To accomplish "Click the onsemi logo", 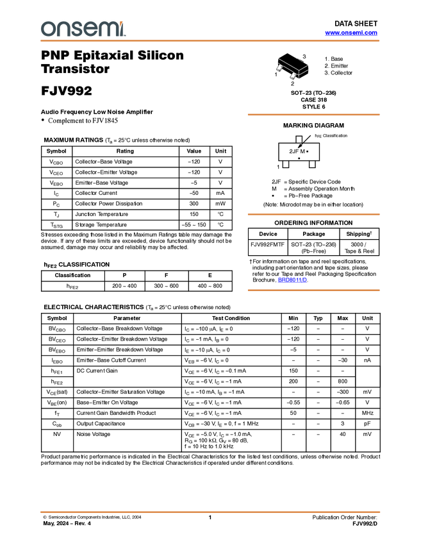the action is [x=83, y=29].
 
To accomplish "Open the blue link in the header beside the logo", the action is [x=351, y=33].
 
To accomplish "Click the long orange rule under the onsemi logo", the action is [x=210, y=41].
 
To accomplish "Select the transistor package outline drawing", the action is [x=293, y=69].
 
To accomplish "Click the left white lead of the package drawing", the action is [x=279, y=68].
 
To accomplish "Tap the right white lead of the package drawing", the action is [x=293, y=76].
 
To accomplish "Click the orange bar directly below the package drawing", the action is [x=313, y=115].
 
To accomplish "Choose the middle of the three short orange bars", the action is [x=313, y=214].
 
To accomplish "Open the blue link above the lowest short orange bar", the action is [x=292, y=281].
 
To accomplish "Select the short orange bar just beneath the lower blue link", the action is [x=313, y=290].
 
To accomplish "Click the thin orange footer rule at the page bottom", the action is [x=210, y=512].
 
